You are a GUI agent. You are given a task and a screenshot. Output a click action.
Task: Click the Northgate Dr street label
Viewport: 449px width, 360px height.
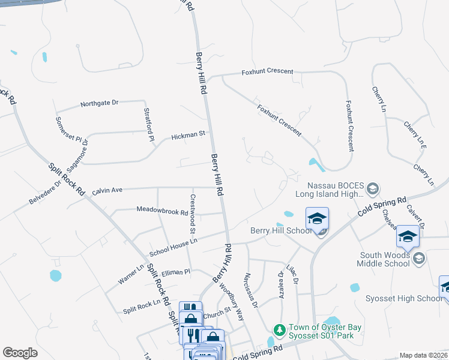click(100, 103)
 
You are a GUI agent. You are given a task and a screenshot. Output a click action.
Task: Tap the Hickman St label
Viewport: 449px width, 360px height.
click(188, 135)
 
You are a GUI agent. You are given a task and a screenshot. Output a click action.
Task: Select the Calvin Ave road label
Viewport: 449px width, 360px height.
click(107, 190)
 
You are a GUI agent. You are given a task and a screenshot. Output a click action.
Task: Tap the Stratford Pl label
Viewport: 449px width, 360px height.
click(149, 125)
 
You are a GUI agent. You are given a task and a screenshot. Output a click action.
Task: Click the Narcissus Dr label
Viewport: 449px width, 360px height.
click(250, 291)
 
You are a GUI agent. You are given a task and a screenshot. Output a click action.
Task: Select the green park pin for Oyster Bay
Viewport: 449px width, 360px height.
click(279, 329)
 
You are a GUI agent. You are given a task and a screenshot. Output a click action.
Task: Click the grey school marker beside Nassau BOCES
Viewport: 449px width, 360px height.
click(372, 189)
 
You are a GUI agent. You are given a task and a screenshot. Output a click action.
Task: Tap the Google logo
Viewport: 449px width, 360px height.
click(20, 353)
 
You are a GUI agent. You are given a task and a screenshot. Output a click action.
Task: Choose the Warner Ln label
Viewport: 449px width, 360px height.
click(131, 274)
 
